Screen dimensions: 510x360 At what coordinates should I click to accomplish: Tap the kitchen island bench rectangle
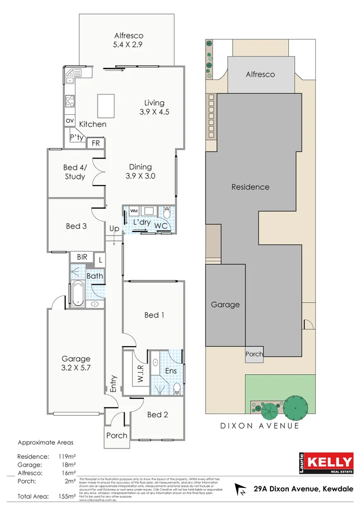point(106,106)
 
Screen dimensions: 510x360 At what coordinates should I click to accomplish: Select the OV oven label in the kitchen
point(70,121)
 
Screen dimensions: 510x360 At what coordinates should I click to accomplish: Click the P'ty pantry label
point(76,139)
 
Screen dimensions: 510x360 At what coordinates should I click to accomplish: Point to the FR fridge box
point(96,143)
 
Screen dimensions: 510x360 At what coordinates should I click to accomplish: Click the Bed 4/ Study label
point(75,172)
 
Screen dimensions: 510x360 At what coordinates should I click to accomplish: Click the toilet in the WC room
point(167,213)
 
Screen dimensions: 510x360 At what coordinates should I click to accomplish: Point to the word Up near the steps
point(114,229)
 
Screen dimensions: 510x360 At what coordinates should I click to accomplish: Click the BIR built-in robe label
point(82,258)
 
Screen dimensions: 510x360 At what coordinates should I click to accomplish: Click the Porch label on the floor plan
point(116,436)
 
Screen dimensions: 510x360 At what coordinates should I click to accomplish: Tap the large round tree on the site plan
point(294,408)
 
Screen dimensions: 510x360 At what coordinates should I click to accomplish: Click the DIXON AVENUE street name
point(260,426)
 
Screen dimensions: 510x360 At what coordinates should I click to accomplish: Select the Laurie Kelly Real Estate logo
point(327,463)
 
